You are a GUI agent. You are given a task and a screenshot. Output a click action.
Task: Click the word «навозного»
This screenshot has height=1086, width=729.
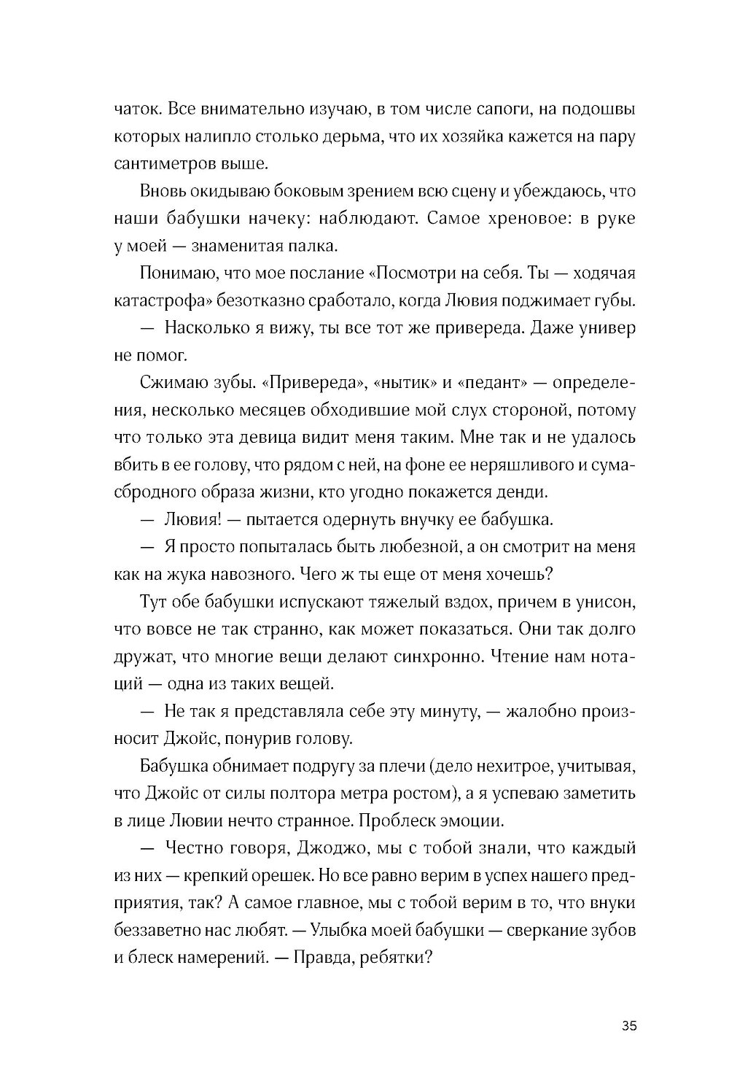(x=255, y=573)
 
